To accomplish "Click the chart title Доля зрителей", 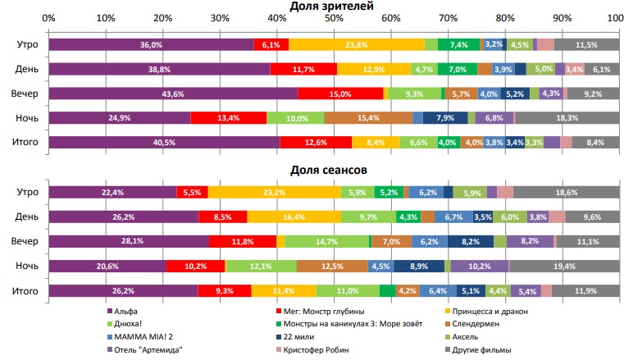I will tap(332, 7).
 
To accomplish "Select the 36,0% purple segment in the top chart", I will tap(151, 44).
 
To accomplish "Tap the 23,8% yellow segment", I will tap(356, 44).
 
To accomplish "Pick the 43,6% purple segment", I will tap(173, 93).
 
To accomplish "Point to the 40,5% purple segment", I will tap(164, 143).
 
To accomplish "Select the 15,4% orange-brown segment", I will tap(368, 118).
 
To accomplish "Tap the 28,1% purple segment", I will tap(129, 241).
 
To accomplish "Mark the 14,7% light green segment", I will tap(326, 241).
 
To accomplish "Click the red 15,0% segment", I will tap(340, 93).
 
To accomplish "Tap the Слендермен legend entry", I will tap(495, 324).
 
